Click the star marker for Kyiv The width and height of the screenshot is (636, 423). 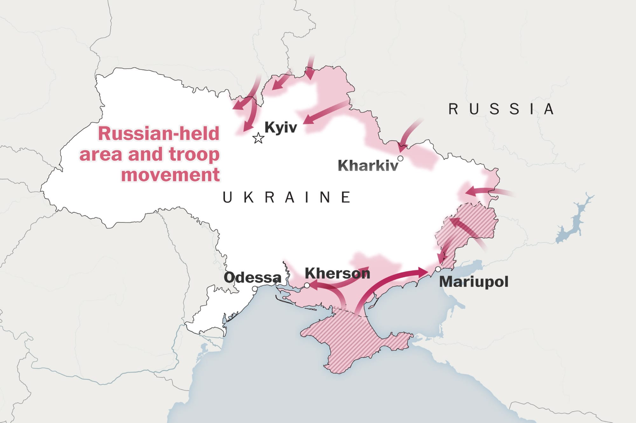tap(258, 138)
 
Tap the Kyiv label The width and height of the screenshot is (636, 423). tap(280, 127)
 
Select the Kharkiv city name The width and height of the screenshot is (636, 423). tap(368, 165)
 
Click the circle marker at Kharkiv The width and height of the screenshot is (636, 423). tap(400, 158)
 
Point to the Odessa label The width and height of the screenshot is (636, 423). tap(252, 277)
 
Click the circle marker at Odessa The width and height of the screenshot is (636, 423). tap(255, 289)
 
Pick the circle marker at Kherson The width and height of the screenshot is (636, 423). tap(307, 285)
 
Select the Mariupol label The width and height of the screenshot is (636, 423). tap(474, 282)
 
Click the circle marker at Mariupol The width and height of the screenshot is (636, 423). tap(438, 269)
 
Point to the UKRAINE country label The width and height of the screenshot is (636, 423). tap(287, 197)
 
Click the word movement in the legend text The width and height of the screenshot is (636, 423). tap(170, 175)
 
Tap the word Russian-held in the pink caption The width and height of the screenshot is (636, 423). tap(159, 134)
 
